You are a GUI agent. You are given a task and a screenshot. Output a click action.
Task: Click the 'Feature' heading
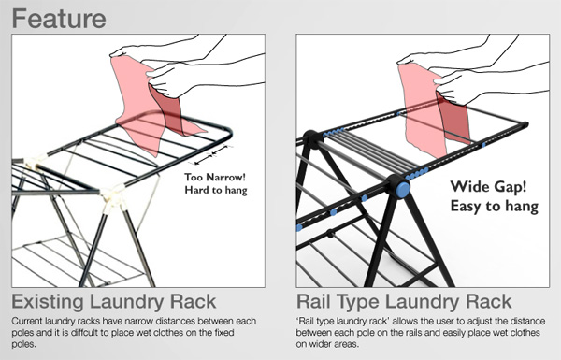click(x=59, y=19)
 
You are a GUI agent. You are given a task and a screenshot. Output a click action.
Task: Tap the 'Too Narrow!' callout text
click(x=215, y=177)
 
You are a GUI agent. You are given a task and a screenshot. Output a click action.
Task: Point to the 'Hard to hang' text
click(x=216, y=190)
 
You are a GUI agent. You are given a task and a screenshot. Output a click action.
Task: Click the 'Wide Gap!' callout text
click(x=488, y=187)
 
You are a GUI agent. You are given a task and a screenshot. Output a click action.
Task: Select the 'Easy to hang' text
click(x=494, y=207)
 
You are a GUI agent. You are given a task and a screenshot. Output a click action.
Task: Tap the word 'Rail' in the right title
click(x=314, y=301)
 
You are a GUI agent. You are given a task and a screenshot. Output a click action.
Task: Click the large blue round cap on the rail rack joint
click(x=403, y=189)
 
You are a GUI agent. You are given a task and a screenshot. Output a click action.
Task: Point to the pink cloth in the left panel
click(x=151, y=108)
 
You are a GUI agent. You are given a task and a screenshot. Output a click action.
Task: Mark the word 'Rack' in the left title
click(x=193, y=302)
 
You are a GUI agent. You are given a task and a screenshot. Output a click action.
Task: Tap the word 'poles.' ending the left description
click(x=24, y=345)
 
